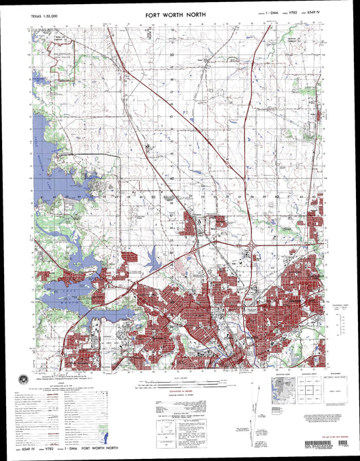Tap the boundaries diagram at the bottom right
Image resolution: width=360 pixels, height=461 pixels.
(x=337, y=389)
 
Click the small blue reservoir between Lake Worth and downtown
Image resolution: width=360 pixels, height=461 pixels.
(x=153, y=256)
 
